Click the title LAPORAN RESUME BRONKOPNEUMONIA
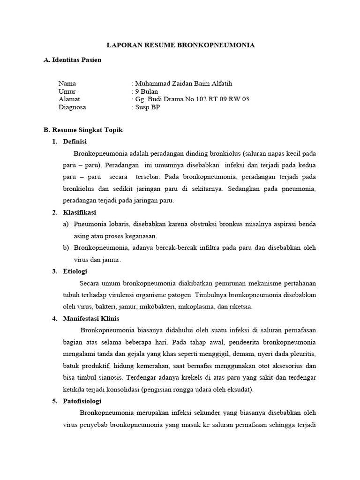180,45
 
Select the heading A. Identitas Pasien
72,60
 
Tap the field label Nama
67,84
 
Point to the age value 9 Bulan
146,91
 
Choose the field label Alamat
69,99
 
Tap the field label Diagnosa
72,107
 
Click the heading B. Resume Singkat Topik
83,130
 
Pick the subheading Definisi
75,142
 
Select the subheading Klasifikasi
79,212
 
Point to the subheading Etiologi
75,271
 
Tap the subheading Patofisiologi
82,401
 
